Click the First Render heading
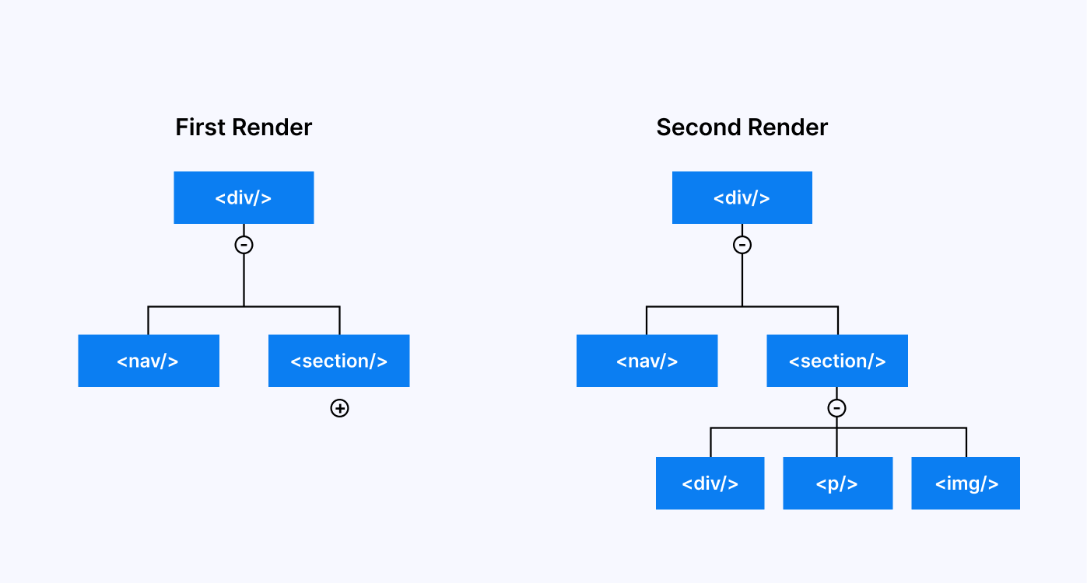[244, 127]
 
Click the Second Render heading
[742, 127]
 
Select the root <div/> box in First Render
[244, 197]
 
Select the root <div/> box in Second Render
[742, 197]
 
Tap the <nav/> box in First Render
[149, 361]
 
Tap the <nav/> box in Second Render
[647, 361]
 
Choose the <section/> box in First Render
[338, 361]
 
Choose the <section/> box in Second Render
[836, 361]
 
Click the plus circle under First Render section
[339, 408]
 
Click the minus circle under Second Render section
[836, 408]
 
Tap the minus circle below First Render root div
[244, 245]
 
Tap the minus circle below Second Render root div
[742, 245]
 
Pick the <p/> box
[837, 484]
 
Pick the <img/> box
[966, 484]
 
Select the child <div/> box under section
[710, 484]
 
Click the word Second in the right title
[696, 127]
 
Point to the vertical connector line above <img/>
[966, 442]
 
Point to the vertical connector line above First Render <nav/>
[148, 320]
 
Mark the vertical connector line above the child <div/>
[710, 442]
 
